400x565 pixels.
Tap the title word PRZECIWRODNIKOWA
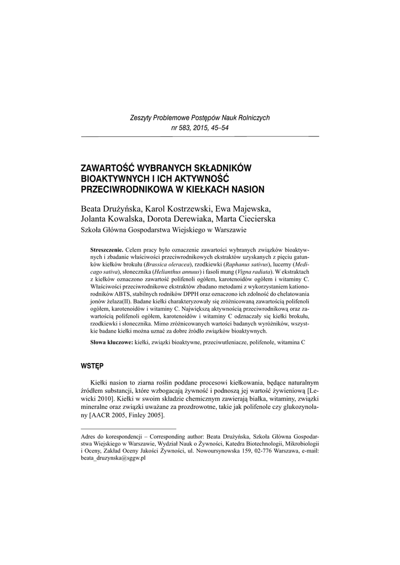[x=125, y=189]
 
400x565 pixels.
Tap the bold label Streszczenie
[x=107, y=249]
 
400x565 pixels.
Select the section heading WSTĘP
[x=91, y=365]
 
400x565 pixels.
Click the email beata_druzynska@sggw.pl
[x=113, y=458]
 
